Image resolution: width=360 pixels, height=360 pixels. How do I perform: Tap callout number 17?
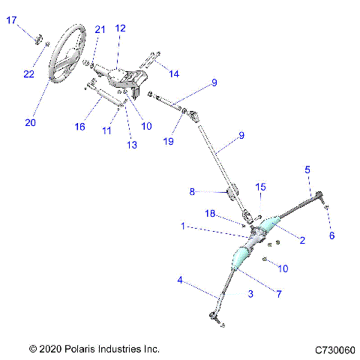coord(12,21)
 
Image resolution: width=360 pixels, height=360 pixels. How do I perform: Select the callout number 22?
coord(28,73)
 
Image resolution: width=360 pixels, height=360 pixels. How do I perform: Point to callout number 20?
coord(30,123)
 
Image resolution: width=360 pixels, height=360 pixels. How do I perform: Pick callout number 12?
coord(120,28)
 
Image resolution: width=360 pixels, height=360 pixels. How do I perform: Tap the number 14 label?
coord(174,73)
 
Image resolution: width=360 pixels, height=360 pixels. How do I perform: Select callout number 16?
coord(79,127)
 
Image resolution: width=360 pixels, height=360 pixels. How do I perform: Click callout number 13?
coord(132,144)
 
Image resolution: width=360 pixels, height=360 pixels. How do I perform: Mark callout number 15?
coord(261,186)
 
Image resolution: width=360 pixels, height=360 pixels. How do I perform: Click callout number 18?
coord(211,214)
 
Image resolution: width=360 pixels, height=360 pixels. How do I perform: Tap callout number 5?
coord(307,169)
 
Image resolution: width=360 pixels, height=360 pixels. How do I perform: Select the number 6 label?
coord(332,235)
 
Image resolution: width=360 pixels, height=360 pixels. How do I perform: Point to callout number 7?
coord(277,294)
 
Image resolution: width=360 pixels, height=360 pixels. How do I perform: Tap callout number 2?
coord(302,241)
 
